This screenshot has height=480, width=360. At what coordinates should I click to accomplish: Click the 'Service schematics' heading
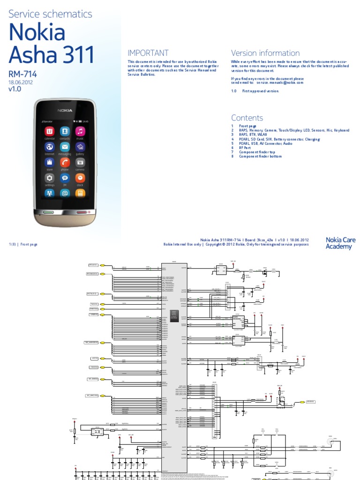(x=51, y=14)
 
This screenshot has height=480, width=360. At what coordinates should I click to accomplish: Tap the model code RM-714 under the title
(x=22, y=74)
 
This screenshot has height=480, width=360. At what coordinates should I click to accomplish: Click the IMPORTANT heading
(x=148, y=53)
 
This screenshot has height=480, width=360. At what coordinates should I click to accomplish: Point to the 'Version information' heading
(x=265, y=53)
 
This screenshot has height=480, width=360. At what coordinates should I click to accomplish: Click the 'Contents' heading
(x=247, y=118)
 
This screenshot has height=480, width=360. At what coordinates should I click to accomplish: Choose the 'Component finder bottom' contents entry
(x=260, y=156)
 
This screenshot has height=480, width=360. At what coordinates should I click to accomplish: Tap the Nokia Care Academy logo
(x=340, y=243)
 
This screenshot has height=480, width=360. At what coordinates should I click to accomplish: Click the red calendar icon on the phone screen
(x=50, y=131)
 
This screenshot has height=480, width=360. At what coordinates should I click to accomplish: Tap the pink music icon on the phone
(x=80, y=131)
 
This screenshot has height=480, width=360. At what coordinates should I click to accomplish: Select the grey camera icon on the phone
(x=80, y=162)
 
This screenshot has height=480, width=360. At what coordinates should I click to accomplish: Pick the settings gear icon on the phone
(x=50, y=178)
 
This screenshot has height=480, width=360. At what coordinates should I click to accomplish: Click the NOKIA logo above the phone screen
(x=65, y=111)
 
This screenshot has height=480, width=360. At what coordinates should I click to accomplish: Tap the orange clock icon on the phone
(x=80, y=178)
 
